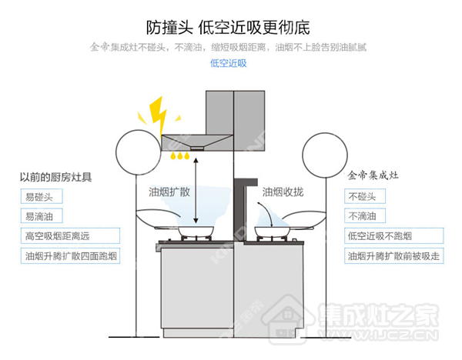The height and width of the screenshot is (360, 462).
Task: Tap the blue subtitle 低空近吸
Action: coord(229,63)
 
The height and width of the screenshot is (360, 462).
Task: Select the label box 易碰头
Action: coord(42,197)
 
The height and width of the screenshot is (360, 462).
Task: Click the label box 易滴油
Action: coord(42,216)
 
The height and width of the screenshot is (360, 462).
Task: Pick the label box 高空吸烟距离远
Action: coord(70,235)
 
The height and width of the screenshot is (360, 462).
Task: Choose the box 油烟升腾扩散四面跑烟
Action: coord(70,256)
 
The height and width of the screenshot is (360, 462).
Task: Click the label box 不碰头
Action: coord(365,196)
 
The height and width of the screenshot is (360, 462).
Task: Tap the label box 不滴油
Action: coord(365,215)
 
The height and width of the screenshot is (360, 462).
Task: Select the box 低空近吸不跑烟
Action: coord(394,235)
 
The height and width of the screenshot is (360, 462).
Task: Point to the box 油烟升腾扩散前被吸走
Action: coord(394,256)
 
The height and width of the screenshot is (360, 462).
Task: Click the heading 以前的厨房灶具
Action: coord(55,177)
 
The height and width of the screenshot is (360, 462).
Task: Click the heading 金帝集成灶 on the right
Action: coord(373,175)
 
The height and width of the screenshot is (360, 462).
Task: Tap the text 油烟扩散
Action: coord(169,192)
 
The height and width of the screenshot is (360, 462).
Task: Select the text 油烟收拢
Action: coord(283,192)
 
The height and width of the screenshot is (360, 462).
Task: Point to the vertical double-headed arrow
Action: coord(196,191)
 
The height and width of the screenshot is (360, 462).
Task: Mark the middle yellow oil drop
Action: coord(179,155)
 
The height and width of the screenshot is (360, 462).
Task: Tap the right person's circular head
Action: coord(303,155)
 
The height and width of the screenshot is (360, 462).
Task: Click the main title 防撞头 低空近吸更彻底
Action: coord(228,28)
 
